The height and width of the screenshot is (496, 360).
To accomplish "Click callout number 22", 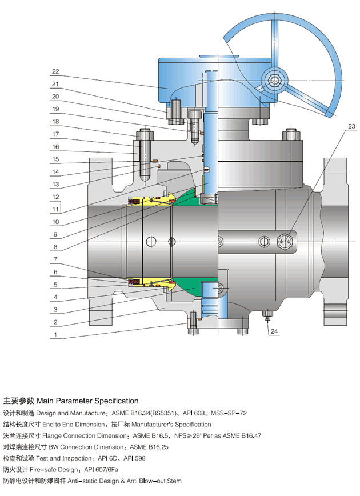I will (55, 72).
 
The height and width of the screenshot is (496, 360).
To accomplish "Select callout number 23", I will (350, 126).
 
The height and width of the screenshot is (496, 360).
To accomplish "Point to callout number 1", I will (55, 334).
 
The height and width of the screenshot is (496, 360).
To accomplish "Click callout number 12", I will (55, 197).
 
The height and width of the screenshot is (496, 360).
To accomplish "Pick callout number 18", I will (55, 122).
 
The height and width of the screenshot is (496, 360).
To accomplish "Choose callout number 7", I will (55, 259).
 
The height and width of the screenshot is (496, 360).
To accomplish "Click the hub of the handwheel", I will (277, 79).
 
